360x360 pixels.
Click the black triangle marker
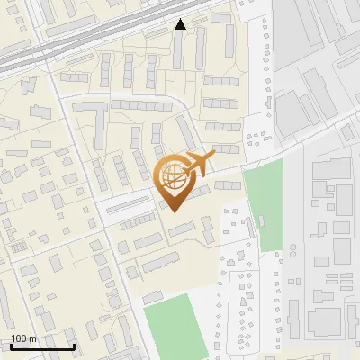click(181, 24)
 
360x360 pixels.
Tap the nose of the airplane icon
click(214, 156)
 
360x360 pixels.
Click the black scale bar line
click(42, 346)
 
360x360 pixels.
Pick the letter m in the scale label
click(33, 339)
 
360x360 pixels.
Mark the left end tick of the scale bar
click(11, 345)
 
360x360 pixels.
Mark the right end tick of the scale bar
click(74, 345)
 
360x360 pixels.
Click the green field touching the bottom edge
click(181, 328)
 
